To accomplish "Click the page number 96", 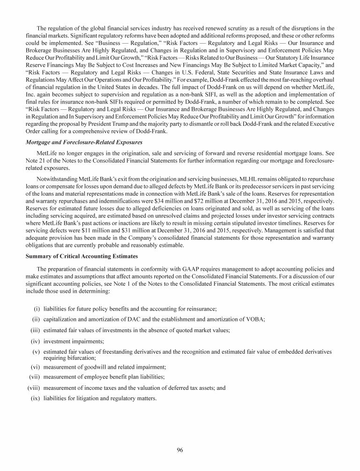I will pos(180,450).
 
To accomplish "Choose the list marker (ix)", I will pos(35,399).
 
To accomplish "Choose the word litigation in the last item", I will pos(79,399).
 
